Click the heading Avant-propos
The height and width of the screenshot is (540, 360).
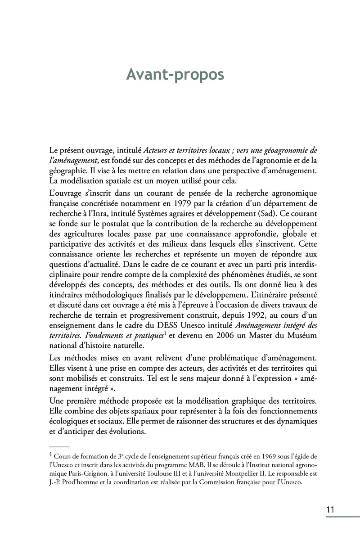coord(175,75)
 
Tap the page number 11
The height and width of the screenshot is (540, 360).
coord(330,509)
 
